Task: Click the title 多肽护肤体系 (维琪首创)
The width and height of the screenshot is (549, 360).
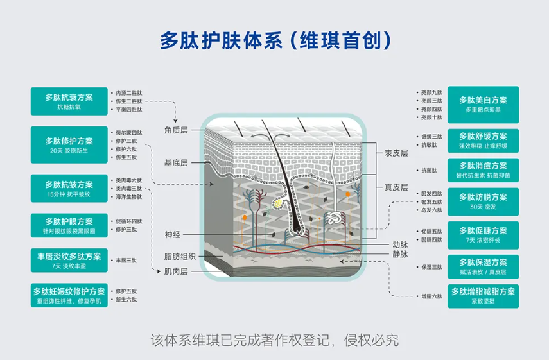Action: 275,40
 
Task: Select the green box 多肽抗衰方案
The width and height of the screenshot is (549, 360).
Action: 69,101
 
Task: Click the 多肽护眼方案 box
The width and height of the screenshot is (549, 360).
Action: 69,225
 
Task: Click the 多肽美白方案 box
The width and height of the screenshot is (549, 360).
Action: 483,104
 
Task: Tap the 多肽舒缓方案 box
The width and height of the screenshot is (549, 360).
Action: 483,141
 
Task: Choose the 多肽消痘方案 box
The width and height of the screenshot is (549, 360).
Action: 483,169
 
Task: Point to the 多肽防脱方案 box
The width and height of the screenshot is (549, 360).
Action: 483,201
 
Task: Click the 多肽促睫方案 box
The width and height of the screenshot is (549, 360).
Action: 483,235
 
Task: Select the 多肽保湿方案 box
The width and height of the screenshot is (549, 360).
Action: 483,266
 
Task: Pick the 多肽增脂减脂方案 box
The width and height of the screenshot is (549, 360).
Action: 483,296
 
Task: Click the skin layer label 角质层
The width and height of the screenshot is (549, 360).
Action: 175,130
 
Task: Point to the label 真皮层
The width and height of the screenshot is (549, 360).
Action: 396,187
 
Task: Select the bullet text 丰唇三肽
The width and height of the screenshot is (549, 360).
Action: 126,261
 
